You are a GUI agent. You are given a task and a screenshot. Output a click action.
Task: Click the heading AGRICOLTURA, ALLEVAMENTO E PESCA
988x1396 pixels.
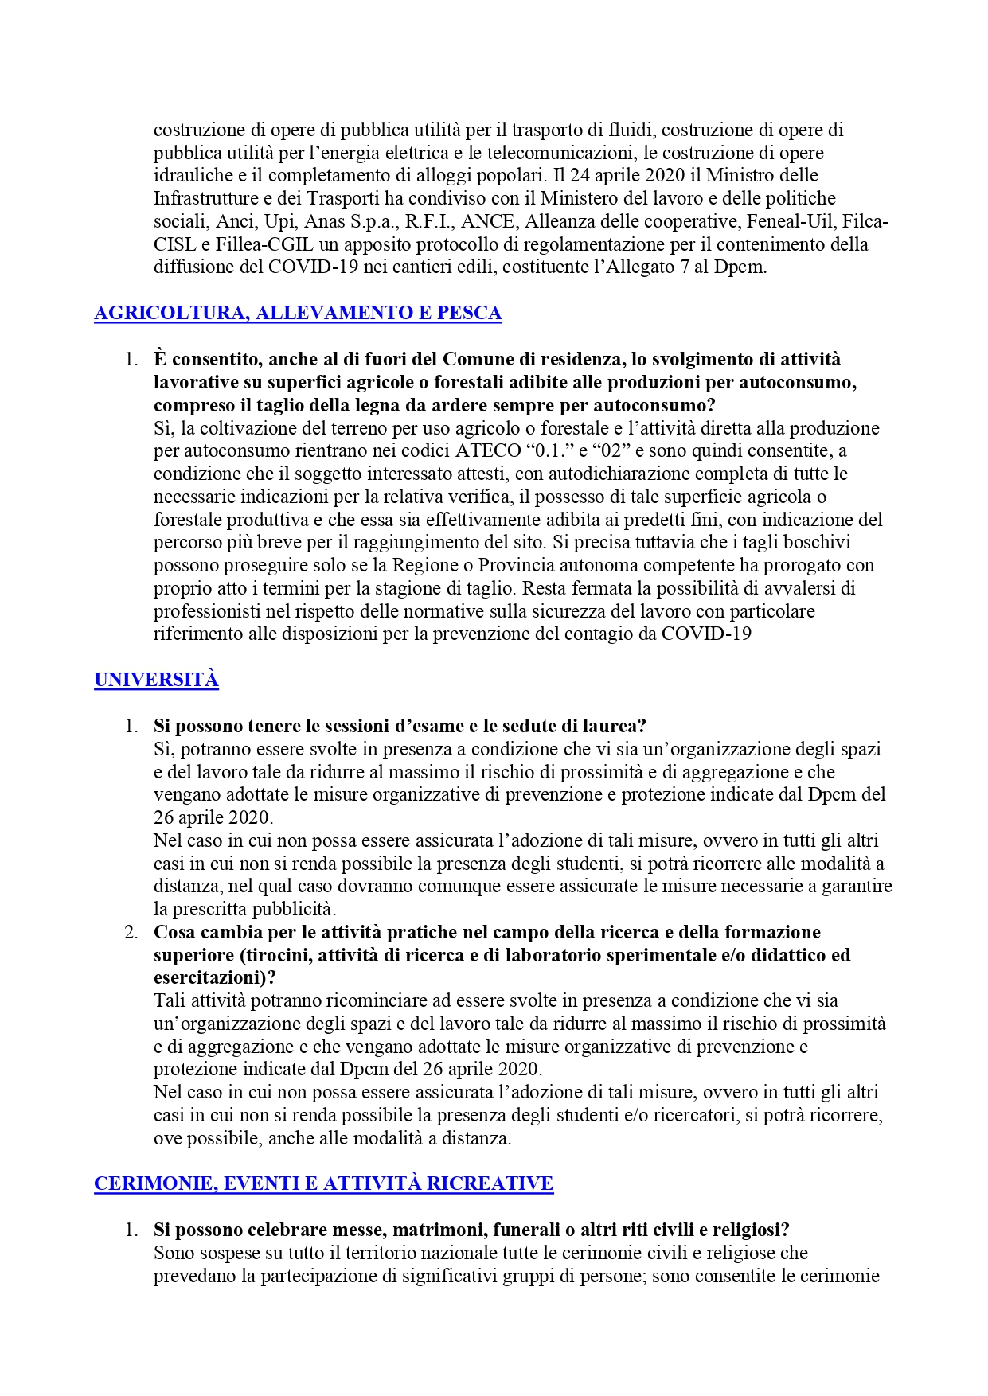[298, 313]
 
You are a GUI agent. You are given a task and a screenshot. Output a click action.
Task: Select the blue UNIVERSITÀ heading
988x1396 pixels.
[156, 680]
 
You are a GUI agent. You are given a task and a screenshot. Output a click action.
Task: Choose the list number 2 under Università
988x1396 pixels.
[131, 932]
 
